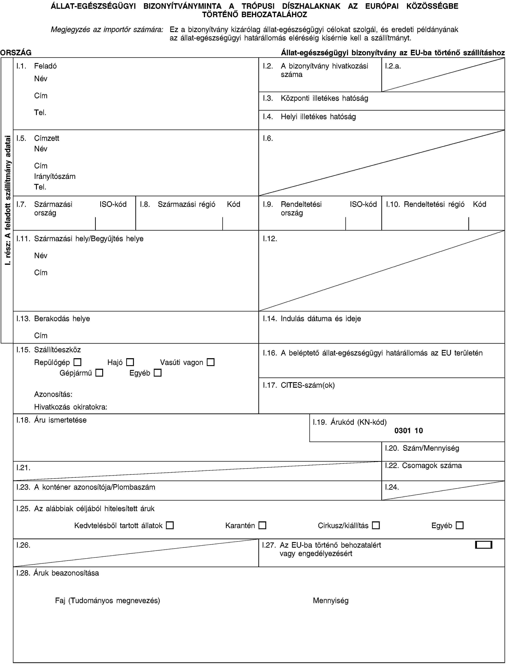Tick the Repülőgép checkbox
click(x=78, y=362)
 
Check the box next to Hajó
click(x=130, y=362)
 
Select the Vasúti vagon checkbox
click(x=211, y=362)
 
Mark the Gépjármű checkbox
click(x=99, y=373)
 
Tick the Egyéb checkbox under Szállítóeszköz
click(x=158, y=373)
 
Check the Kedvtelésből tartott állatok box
click(x=170, y=525)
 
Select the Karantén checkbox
click(x=262, y=525)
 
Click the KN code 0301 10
click(x=408, y=430)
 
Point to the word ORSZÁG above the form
click(x=16, y=53)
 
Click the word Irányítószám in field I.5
click(x=55, y=176)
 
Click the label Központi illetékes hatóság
click(x=324, y=98)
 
